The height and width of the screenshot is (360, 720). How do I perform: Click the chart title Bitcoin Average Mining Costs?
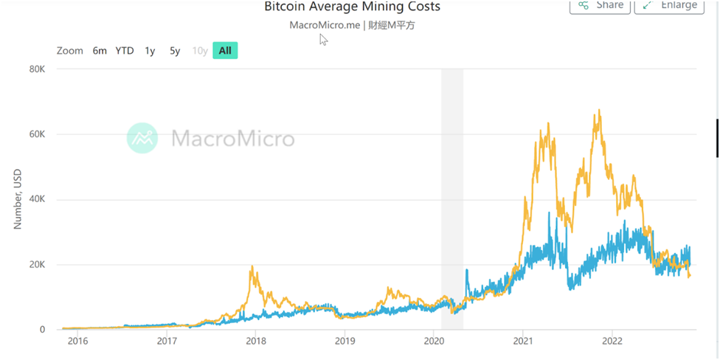click(x=352, y=7)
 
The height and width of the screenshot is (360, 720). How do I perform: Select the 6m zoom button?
click(x=100, y=51)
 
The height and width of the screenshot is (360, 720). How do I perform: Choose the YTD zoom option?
click(x=125, y=51)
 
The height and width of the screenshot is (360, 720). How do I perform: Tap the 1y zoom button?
click(x=150, y=51)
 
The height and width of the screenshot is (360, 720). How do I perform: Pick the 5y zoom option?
click(x=175, y=51)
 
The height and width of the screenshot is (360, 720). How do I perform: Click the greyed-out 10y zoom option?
click(x=199, y=51)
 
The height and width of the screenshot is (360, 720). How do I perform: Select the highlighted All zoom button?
click(x=225, y=51)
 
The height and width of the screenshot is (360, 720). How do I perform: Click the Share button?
click(x=600, y=5)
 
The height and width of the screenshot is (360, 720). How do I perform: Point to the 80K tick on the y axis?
click(x=37, y=69)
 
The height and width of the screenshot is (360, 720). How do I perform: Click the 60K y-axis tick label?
click(x=37, y=134)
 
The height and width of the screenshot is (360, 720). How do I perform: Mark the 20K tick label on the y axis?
click(x=37, y=265)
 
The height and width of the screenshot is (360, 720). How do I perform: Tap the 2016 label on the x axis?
click(x=77, y=341)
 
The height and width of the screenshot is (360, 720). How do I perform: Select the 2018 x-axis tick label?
click(x=255, y=341)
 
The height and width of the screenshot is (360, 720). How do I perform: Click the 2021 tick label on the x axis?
click(x=522, y=341)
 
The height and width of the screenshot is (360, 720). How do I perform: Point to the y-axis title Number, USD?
click(x=18, y=200)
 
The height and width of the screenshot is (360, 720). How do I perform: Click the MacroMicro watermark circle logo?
click(x=142, y=138)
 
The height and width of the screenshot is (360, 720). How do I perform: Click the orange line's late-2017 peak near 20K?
click(x=252, y=267)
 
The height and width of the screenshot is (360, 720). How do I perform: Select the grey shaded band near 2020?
click(x=452, y=199)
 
